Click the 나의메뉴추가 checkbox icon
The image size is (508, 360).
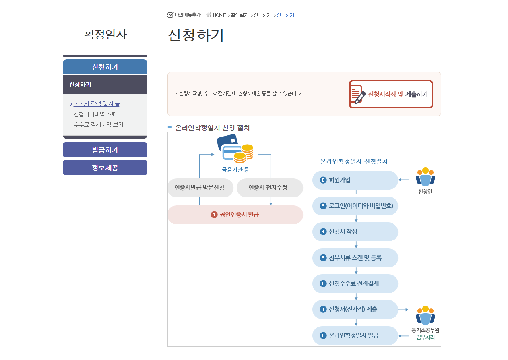tap(170, 15)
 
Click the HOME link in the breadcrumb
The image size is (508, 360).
tap(219, 15)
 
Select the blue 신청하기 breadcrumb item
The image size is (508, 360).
tap(285, 15)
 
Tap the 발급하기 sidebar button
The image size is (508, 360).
tap(105, 150)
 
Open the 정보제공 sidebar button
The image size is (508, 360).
tap(105, 168)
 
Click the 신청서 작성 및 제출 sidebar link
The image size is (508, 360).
tap(97, 103)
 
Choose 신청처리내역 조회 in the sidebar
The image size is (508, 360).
tap(95, 114)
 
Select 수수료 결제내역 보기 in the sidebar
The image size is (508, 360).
tap(99, 124)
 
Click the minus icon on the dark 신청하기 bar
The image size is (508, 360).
tap(140, 83)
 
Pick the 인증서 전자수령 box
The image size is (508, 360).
tap(270, 188)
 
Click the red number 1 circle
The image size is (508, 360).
tap(214, 215)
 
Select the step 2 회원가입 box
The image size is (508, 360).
tap(355, 180)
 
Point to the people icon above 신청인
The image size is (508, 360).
tap(425, 177)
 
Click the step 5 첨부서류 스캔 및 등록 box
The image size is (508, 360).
tap(355, 258)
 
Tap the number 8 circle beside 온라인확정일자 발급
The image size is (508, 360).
tap(323, 335)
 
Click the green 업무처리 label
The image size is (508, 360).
tap(425, 337)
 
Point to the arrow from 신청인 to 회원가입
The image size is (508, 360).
tap(403, 180)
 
